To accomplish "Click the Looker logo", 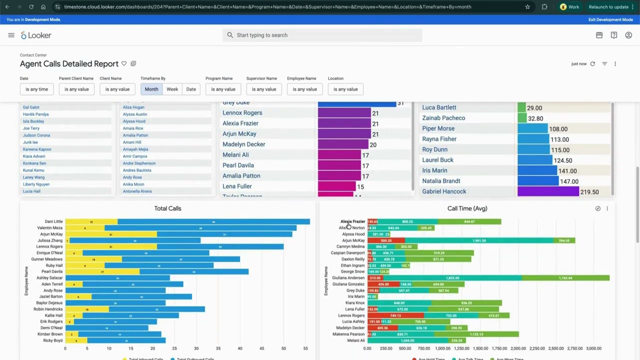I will pyautogui.click(x=36, y=35).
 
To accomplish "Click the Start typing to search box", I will pyautogui.click(x=322, y=35).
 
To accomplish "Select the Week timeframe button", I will pyautogui.click(x=172, y=89).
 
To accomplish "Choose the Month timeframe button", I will pyautogui.click(x=151, y=89).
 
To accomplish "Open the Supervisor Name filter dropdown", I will pyautogui.click(x=263, y=89).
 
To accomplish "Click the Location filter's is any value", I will pyautogui.click(x=345, y=89).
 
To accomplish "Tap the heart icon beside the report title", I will pyautogui.click(x=124, y=63).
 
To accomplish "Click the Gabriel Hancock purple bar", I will pyautogui.click(x=547, y=191).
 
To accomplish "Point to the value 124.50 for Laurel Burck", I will pyautogui.click(x=563, y=160).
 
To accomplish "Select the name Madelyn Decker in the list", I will pyautogui.click(x=243, y=144).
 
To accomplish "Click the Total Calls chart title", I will pyautogui.click(x=167, y=208).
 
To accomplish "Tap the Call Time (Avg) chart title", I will pyautogui.click(x=467, y=208).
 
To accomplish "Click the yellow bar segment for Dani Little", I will pyautogui.click(x=91, y=221).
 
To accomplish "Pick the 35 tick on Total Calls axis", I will pyautogui.click(x=218, y=348).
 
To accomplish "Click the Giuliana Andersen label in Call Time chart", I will pyautogui.click(x=348, y=278).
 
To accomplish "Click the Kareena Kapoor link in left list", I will pyautogui.click(x=37, y=149).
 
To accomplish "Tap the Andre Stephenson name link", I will pyautogui.click(x=139, y=163).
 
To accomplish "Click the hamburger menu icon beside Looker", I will pyautogui.click(x=11, y=35).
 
